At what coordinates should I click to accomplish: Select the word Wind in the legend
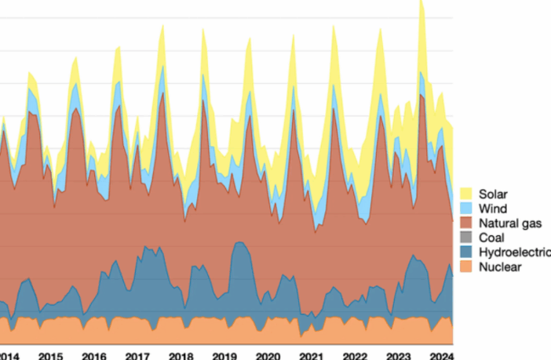(x=491, y=209)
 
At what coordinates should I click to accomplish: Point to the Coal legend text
(x=491, y=238)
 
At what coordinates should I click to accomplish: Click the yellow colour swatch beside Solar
(x=466, y=194)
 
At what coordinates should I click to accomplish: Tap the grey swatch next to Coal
(x=466, y=238)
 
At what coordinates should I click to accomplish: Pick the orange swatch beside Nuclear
(x=466, y=267)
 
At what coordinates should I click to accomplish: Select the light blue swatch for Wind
(x=466, y=209)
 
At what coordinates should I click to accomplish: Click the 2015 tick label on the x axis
(x=50, y=355)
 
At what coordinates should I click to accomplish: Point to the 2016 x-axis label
(x=94, y=355)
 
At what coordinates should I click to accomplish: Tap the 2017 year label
(x=137, y=355)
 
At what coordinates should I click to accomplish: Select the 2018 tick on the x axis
(x=181, y=355)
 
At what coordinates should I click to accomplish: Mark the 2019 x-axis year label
(x=224, y=355)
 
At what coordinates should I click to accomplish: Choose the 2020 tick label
(x=268, y=355)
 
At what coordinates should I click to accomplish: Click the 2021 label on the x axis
(x=312, y=355)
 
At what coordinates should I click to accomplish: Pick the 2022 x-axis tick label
(x=355, y=355)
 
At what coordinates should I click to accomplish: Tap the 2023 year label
(x=399, y=355)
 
